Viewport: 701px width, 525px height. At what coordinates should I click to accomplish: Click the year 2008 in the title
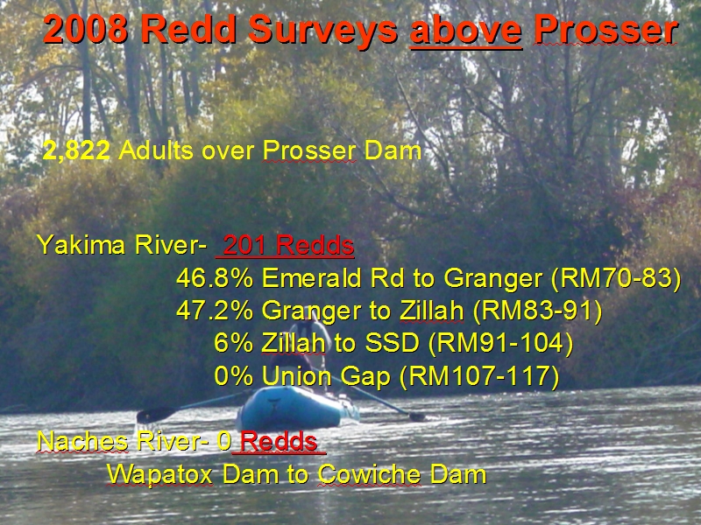[x=85, y=30]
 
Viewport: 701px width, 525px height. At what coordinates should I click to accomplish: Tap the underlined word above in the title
[x=466, y=31]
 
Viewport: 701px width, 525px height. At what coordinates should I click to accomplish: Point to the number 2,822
[x=76, y=150]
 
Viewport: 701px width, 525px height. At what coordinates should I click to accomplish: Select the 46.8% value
[x=215, y=278]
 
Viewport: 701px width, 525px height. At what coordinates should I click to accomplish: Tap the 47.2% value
[x=215, y=311]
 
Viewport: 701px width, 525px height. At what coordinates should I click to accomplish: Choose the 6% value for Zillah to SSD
[x=233, y=343]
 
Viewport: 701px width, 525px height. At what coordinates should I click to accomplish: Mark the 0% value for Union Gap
[x=233, y=376]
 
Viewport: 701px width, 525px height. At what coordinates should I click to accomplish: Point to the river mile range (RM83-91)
[x=537, y=311]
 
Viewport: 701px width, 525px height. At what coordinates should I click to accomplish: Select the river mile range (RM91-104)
[x=500, y=344]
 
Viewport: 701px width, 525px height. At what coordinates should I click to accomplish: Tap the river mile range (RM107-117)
[x=478, y=377]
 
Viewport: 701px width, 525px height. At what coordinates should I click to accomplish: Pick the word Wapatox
[x=159, y=474]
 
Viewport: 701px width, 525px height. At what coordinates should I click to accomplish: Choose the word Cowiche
[x=369, y=474]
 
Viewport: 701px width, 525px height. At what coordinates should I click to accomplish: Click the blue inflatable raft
[x=299, y=409]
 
